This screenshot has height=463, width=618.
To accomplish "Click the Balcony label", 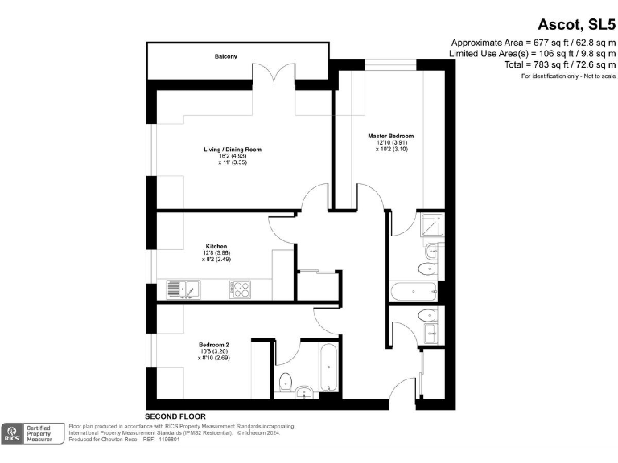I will tap(225, 56).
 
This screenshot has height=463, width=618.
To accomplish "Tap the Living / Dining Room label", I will tap(232, 150).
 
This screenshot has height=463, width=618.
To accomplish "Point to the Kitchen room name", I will tap(216, 246).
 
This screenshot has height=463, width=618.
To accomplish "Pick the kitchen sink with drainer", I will tap(183, 288).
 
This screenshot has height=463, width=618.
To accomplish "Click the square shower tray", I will tap(430, 225).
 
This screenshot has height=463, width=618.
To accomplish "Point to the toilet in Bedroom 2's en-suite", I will tap(286, 380).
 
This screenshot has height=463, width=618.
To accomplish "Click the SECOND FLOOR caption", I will tap(175, 416).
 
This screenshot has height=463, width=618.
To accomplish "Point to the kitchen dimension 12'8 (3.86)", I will tap(216, 253).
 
